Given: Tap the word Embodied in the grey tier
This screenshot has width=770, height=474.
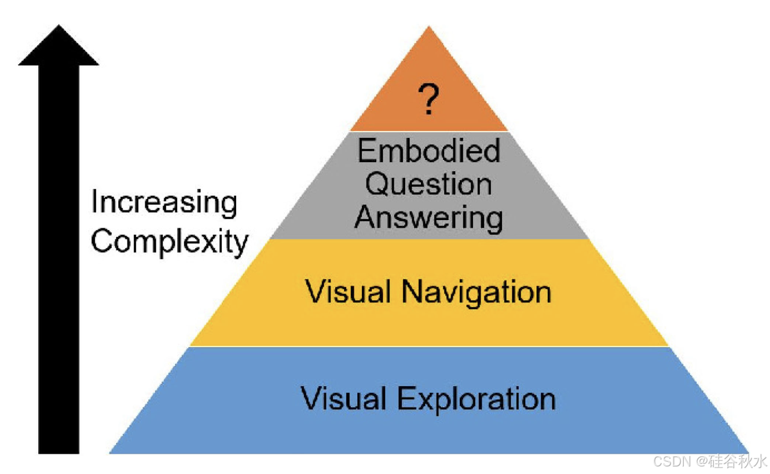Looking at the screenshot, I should (x=428, y=151).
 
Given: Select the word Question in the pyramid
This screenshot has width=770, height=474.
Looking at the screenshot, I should (x=428, y=185).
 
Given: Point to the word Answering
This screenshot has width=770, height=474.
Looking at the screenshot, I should (x=428, y=218).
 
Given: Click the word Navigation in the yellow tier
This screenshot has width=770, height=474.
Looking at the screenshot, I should (x=475, y=291).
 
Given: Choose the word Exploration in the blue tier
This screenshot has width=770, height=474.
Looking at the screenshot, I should (x=476, y=399).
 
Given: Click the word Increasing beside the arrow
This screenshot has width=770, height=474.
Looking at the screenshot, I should (x=164, y=203).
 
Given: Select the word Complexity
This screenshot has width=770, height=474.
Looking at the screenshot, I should (x=170, y=241).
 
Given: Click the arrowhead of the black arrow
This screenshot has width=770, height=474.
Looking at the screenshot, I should (x=58, y=46).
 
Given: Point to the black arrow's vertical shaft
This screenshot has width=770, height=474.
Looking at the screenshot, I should (x=58, y=261).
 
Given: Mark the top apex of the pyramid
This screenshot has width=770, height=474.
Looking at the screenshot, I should (x=428, y=27).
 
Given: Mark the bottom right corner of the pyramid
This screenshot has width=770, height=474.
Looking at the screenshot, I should (x=747, y=453).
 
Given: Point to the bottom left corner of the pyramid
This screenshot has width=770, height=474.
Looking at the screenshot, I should (x=110, y=453).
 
